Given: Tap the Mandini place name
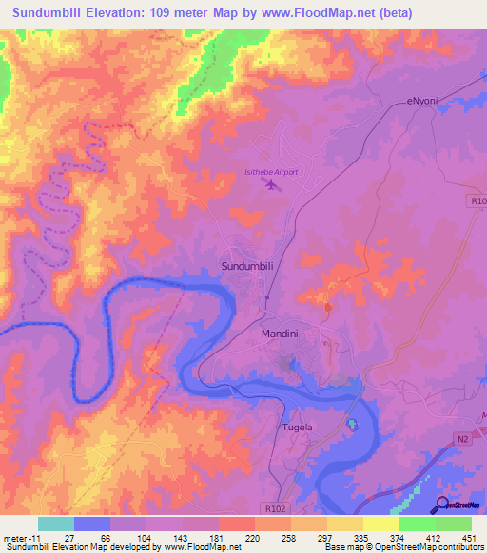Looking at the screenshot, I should (x=281, y=334).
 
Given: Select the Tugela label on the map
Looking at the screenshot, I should (x=298, y=428).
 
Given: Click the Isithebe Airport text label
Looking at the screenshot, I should (x=271, y=172).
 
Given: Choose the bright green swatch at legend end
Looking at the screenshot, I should (x=454, y=524).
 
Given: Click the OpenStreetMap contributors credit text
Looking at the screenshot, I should (x=428, y=547).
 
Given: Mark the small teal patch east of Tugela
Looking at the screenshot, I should (x=352, y=424).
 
